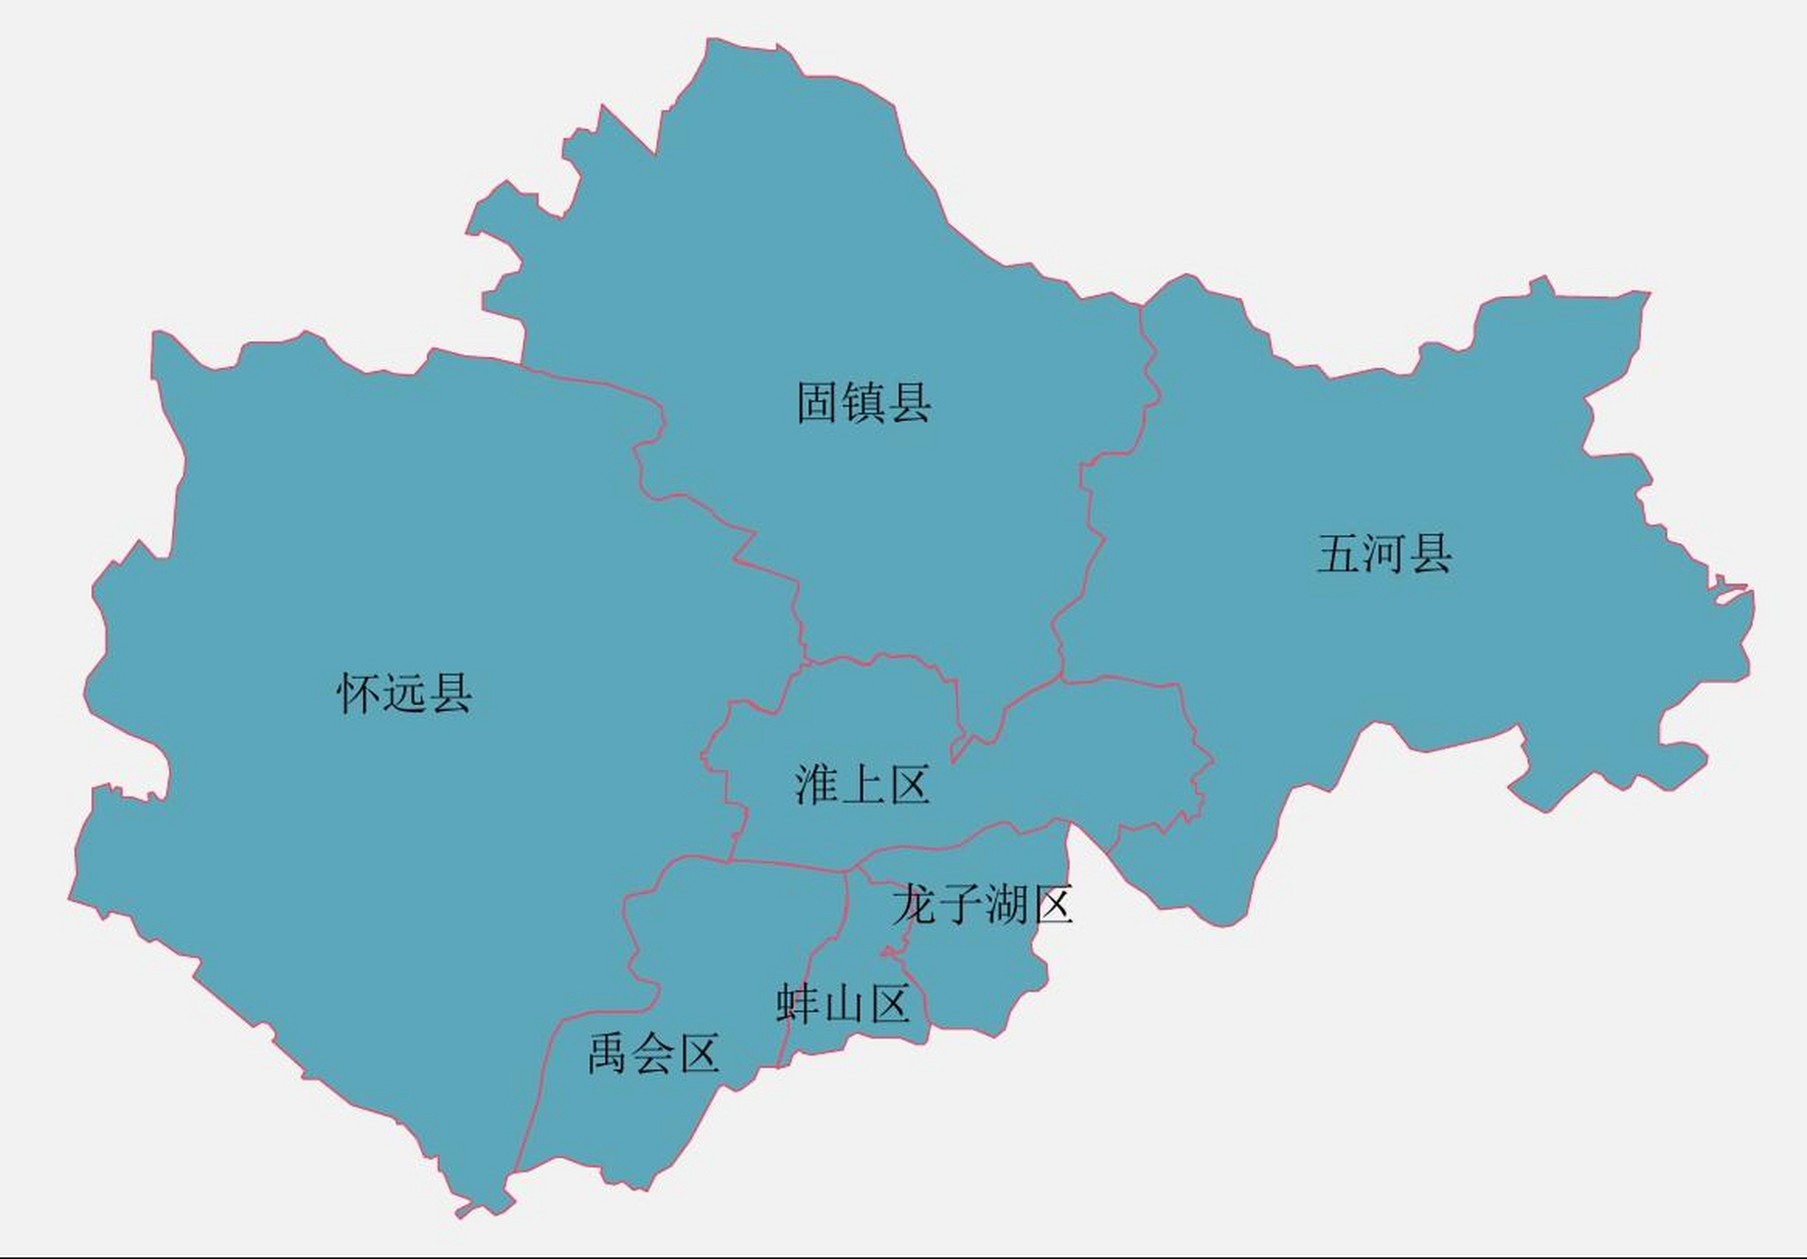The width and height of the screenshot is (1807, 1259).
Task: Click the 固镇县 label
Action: [x=864, y=403]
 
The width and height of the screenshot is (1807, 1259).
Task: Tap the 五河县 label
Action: [x=1384, y=554]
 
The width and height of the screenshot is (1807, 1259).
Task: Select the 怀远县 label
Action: [x=404, y=693]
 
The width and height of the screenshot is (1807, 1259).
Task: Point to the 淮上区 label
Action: [x=862, y=785]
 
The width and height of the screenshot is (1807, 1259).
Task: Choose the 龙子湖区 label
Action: [x=982, y=904]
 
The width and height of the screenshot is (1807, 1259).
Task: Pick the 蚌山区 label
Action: [x=842, y=1004]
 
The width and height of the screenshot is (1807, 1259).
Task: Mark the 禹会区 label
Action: [x=653, y=1053]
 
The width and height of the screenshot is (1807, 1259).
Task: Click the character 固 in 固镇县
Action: [x=817, y=403]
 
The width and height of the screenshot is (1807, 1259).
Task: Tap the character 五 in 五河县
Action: [x=1339, y=554]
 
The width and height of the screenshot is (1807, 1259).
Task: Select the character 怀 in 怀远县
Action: [x=358, y=693]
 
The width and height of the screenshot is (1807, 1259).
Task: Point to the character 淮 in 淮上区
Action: [x=816, y=785]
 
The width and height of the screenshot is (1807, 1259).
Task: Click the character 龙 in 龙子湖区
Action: [x=913, y=904]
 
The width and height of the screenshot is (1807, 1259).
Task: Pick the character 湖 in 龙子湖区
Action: [x=1005, y=904]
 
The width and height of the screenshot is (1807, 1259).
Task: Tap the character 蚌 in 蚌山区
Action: [x=797, y=1004]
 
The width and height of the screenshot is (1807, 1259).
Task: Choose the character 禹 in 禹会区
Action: [x=608, y=1053]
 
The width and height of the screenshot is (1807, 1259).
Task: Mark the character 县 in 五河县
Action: [x=1431, y=554]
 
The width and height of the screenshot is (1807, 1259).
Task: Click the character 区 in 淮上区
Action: [x=908, y=785]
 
